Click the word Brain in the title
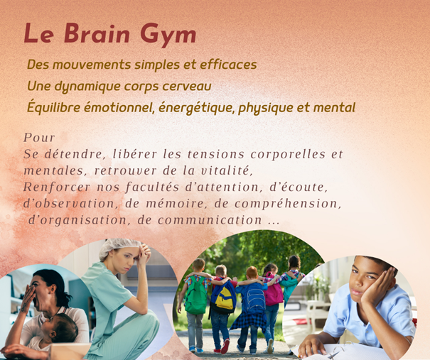pyautogui.click(x=97, y=33)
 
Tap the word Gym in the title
pyautogui.click(x=168, y=35)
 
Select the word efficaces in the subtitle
pyautogui.click(x=228, y=65)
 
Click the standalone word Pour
pyautogui.click(x=39, y=138)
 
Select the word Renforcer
pyautogui.click(x=57, y=187)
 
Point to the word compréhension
pyautogui.click(x=289, y=204)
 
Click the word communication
pyautogui.click(x=210, y=220)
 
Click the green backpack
pyautogui.click(x=195, y=295)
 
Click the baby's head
pyautogui.click(x=63, y=327)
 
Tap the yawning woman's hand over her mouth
pyautogui.click(x=29, y=299)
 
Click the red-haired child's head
pyautogui.click(x=252, y=273)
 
